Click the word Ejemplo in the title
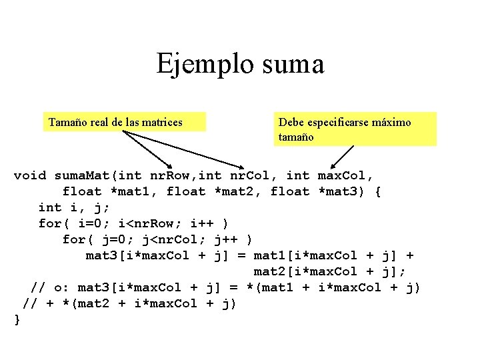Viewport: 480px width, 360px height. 198,64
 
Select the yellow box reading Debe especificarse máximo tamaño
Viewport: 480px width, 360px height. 356,129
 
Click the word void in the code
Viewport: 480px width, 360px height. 30,175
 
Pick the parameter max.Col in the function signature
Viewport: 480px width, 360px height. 345,175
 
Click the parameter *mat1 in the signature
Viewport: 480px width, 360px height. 134,191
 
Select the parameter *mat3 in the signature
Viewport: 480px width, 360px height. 339,191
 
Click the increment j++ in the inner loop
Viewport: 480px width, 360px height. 226,239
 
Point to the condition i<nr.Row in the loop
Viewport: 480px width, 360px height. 154,223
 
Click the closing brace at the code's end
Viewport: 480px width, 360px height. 17,319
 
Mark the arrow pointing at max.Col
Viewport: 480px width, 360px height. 343,156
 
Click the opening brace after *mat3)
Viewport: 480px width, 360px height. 378,191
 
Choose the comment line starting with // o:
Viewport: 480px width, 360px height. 226,287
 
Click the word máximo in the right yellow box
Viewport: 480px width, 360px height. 391,122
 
